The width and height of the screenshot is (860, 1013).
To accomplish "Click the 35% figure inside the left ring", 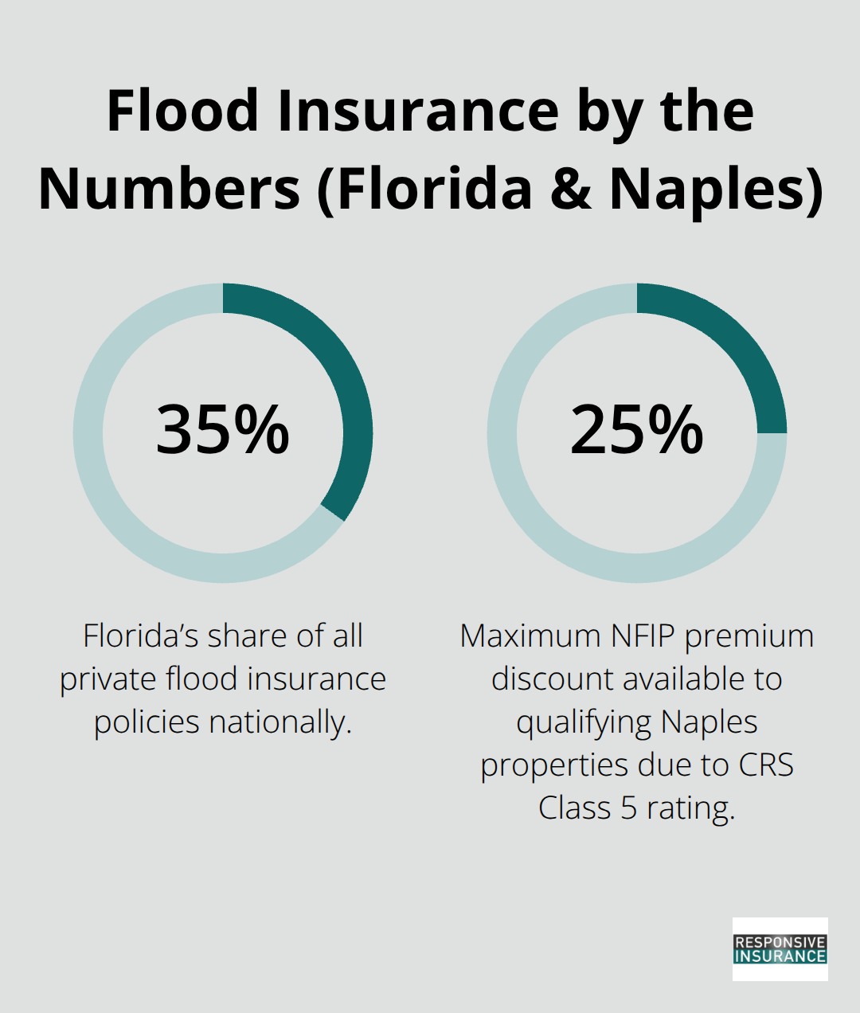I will pyautogui.click(x=222, y=430).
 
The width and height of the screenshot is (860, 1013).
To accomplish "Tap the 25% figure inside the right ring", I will pyautogui.click(x=636, y=430).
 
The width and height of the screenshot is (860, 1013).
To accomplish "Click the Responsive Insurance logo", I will pyautogui.click(x=780, y=948).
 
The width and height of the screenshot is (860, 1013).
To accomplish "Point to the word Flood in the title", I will pyautogui.click(x=183, y=111).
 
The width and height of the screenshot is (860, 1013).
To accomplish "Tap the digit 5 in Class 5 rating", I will pyautogui.click(x=628, y=808).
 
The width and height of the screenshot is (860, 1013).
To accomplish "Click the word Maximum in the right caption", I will pyautogui.click(x=530, y=636).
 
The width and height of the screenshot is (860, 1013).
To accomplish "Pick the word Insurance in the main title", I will pyautogui.click(x=418, y=111).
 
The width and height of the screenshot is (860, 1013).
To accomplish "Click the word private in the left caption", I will pyautogui.click(x=108, y=679).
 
